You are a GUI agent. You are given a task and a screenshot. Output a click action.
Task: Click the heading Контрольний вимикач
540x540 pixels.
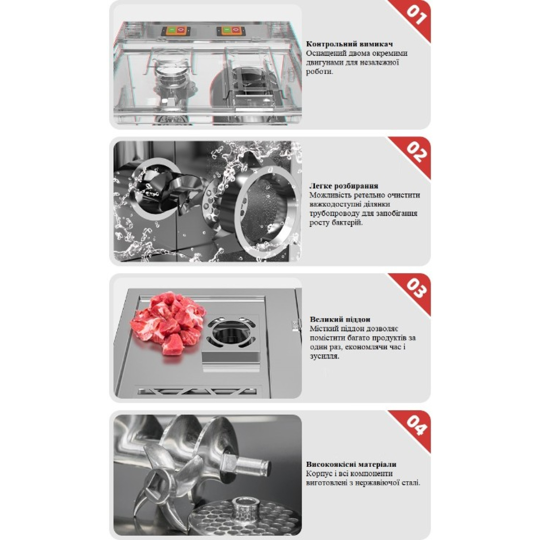pyautogui.click(x=349, y=44)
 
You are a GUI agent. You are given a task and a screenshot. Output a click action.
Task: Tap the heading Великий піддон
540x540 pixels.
pyautogui.click(x=340, y=319)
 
